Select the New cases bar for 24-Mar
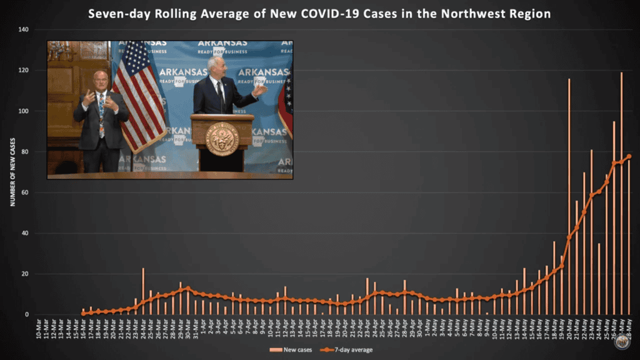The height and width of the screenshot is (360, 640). (x=143, y=291)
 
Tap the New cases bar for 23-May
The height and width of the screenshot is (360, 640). (x=591, y=232)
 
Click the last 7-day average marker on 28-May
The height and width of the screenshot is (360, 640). (x=629, y=156)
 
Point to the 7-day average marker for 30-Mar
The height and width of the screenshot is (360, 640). (x=187, y=288)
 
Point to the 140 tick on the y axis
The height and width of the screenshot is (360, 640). (x=23, y=29)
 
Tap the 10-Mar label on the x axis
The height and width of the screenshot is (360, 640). (x=38, y=327)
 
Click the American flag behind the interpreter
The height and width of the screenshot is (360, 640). (x=138, y=94)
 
